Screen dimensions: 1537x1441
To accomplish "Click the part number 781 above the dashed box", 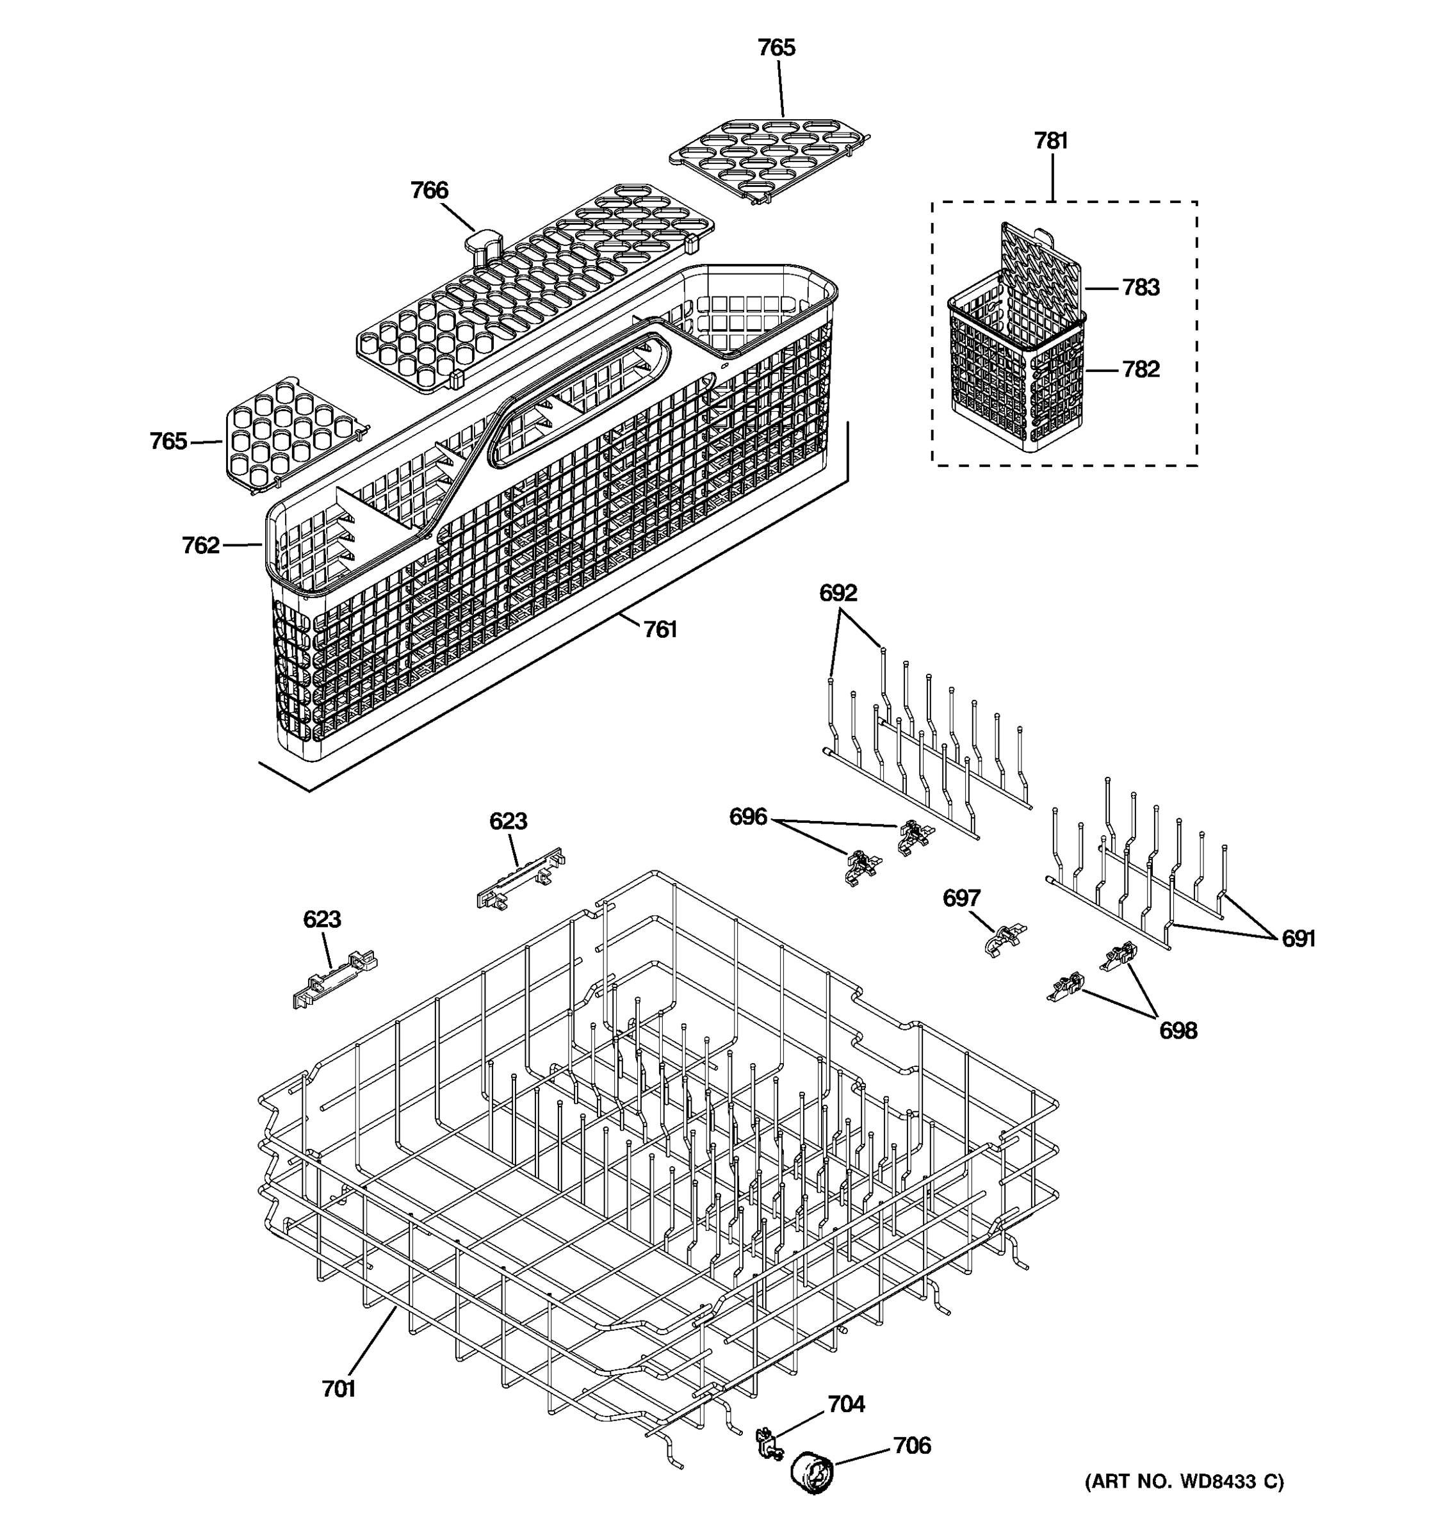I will click(1050, 141).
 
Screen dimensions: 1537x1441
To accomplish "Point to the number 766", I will click(429, 190).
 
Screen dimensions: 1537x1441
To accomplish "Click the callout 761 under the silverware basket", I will click(660, 630).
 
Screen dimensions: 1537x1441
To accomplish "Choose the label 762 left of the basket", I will click(200, 546).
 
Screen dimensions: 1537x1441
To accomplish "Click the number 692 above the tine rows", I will click(838, 593).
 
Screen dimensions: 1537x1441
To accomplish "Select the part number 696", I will click(747, 817).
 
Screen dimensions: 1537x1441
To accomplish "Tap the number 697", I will click(961, 898).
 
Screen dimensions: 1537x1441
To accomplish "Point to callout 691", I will click(1298, 939).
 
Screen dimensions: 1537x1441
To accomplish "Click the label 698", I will click(1177, 1030).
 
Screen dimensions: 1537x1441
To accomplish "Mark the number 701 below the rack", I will click(338, 1389).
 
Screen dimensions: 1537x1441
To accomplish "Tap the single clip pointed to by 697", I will click(1004, 939).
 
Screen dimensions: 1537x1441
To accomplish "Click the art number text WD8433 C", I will click(1184, 1481).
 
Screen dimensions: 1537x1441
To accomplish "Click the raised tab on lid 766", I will click(482, 242).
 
